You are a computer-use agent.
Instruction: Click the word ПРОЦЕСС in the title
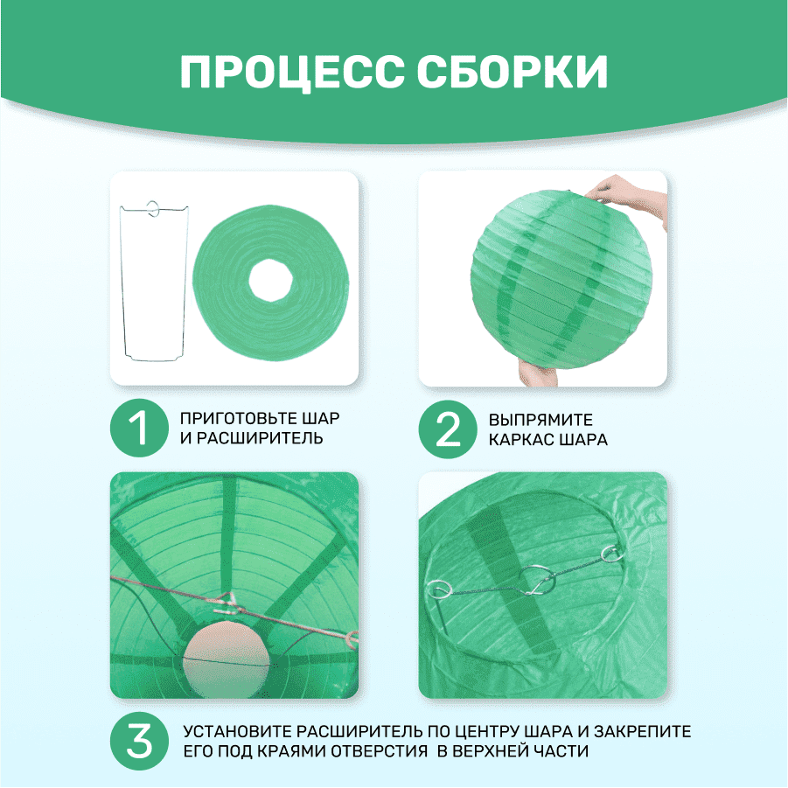[292, 72]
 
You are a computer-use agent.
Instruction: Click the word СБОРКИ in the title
[513, 72]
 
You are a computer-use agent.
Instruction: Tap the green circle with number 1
[139, 428]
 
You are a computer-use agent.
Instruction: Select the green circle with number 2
[448, 429]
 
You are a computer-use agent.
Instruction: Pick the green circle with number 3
[139, 741]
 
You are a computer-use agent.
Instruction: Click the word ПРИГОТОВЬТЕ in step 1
[238, 418]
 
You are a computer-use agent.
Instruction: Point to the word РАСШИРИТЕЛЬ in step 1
[260, 438]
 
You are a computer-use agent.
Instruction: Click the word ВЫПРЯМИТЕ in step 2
[540, 420]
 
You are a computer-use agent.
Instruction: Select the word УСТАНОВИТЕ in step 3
[237, 731]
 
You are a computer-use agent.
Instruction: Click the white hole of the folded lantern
[270, 280]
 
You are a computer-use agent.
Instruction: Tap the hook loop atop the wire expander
[153, 209]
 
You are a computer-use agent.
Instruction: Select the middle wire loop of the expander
[538, 581]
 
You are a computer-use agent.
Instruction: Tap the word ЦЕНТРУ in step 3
[486, 731]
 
